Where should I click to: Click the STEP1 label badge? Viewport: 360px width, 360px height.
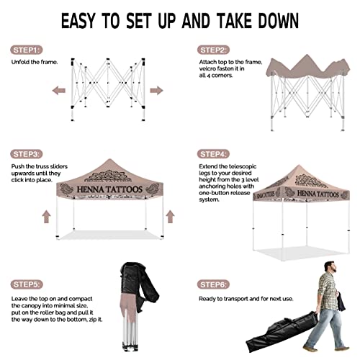click(26, 50)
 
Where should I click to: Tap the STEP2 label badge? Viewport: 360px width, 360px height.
click(213, 50)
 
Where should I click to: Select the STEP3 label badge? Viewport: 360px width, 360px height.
click(26, 154)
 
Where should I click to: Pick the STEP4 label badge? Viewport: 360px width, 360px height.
click(213, 154)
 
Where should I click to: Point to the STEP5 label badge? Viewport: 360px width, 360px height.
click(27, 284)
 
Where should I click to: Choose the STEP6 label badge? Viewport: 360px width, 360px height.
click(213, 284)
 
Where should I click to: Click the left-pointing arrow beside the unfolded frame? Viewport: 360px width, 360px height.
click(59, 91)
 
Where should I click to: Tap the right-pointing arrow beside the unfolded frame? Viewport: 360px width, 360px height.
click(156, 91)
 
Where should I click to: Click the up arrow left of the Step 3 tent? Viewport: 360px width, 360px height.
click(47, 217)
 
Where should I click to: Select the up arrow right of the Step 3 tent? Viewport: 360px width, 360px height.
click(170, 217)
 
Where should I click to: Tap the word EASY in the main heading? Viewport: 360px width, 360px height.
click(78, 21)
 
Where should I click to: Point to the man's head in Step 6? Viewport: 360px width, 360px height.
click(330, 267)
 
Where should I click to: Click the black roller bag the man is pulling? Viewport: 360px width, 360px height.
click(282, 331)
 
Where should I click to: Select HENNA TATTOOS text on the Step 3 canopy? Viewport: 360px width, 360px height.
click(109, 189)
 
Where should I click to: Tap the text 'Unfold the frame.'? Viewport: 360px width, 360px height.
click(35, 62)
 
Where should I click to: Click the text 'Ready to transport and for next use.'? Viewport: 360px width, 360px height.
click(246, 299)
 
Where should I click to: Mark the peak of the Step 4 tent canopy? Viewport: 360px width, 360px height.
click(299, 165)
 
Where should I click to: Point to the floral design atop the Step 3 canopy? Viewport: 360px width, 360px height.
click(108, 176)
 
